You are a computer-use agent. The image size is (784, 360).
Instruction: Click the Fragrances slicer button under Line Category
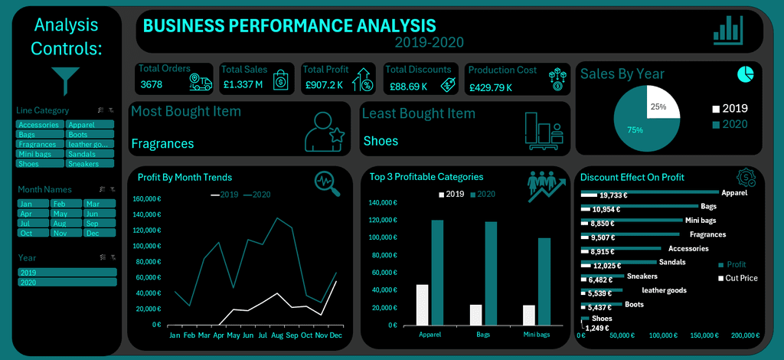(x=37, y=144)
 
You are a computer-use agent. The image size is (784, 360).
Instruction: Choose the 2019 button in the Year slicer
(x=67, y=272)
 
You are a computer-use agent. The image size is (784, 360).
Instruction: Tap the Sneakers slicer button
(x=90, y=163)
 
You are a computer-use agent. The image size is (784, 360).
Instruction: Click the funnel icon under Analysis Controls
(x=66, y=80)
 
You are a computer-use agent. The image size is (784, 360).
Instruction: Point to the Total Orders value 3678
(x=152, y=84)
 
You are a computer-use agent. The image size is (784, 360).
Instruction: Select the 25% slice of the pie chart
(x=661, y=103)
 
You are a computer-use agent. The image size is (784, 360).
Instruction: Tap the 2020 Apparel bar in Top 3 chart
(x=437, y=272)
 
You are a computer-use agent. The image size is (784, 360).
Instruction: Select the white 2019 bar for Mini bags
(x=528, y=315)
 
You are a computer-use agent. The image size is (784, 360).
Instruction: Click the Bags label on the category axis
(x=484, y=335)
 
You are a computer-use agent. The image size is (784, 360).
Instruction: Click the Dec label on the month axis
(x=335, y=335)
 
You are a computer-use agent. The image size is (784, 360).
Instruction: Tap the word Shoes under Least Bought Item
(x=381, y=141)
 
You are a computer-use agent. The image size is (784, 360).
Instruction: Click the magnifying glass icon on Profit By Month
(x=327, y=182)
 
